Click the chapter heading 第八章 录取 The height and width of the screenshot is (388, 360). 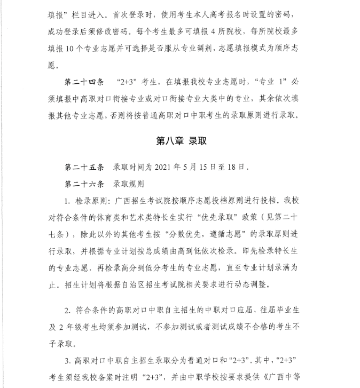pyautogui.click(x=181, y=141)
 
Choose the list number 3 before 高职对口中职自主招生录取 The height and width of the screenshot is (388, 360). pyautogui.click(x=67, y=359)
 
